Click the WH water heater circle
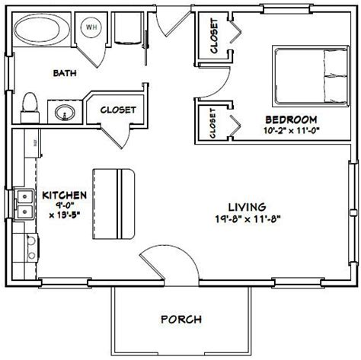click(x=91, y=27)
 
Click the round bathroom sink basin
click(x=65, y=113)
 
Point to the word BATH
click(x=65, y=73)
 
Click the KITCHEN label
click(x=64, y=195)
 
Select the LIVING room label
click(x=248, y=207)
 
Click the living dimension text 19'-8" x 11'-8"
click(x=248, y=218)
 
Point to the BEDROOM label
click(x=291, y=119)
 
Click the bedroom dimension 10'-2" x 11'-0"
click(x=291, y=130)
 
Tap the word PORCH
click(x=181, y=319)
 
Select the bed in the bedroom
click(x=311, y=76)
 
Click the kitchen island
click(x=113, y=204)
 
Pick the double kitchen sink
click(x=24, y=204)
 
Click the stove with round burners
click(x=32, y=247)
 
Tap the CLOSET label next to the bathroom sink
click(x=118, y=110)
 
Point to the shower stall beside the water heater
click(x=127, y=28)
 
